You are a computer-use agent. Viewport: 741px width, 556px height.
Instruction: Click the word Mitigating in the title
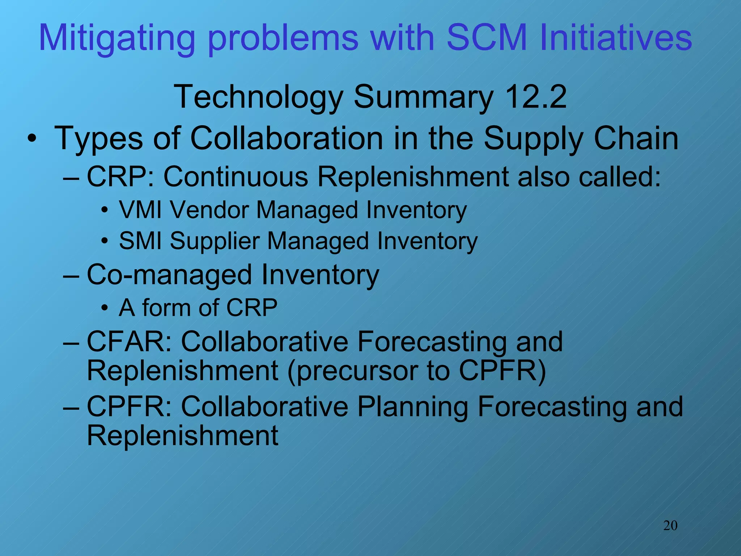point(117,38)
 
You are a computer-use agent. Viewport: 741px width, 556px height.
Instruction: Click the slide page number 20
point(670,525)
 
